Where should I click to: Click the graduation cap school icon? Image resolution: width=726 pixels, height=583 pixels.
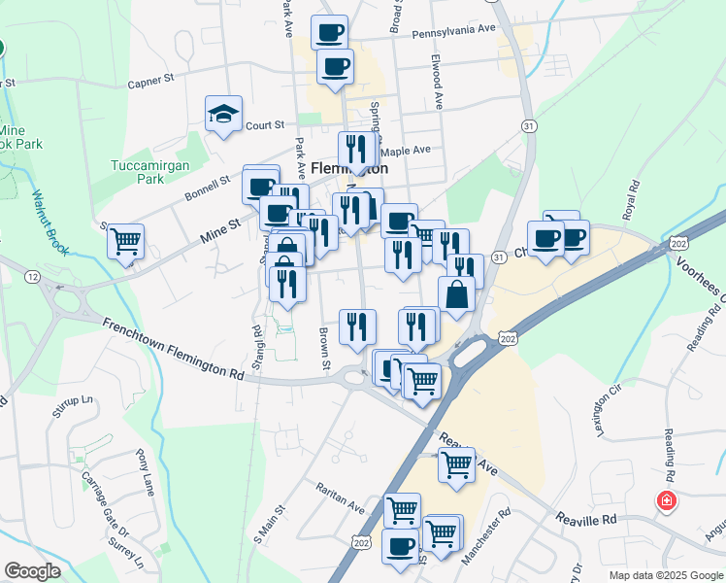coord(223,115)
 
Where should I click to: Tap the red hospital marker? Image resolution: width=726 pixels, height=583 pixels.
coord(667,501)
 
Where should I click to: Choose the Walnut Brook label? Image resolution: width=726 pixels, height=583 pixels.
coord(50,222)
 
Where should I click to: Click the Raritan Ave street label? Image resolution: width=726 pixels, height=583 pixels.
coord(337,495)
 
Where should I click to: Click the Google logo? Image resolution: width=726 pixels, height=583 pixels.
coord(33,571)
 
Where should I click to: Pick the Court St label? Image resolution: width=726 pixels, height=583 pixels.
coord(264,125)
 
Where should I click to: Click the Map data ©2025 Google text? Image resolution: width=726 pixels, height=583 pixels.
coord(665,575)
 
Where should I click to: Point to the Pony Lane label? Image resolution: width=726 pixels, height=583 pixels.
coord(146,471)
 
